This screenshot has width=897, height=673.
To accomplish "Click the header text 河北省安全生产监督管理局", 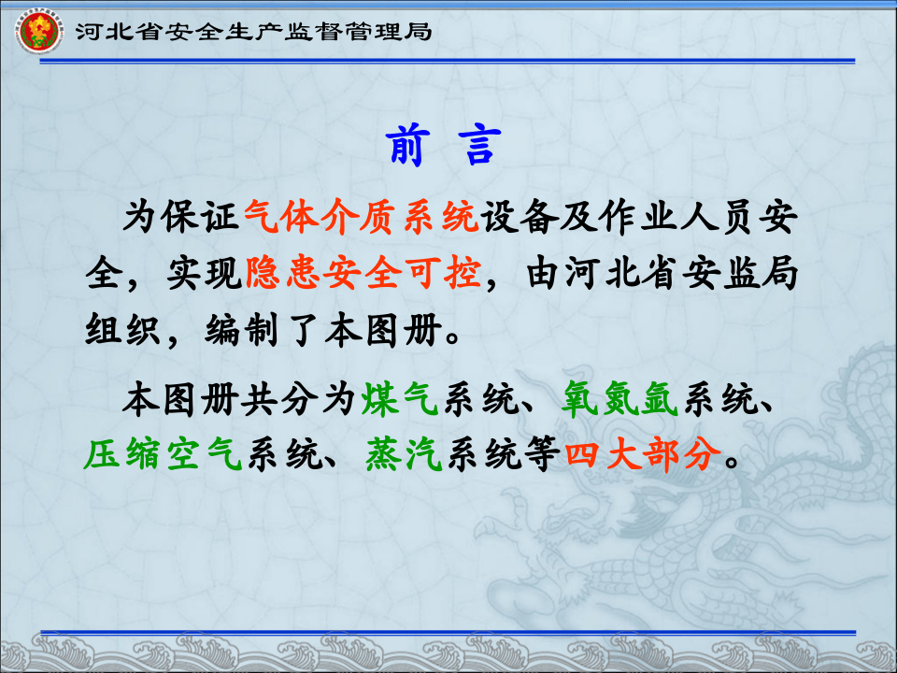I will [253, 32].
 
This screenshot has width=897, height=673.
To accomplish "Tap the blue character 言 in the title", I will [479, 147].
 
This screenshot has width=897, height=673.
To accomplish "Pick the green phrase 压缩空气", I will [164, 455].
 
